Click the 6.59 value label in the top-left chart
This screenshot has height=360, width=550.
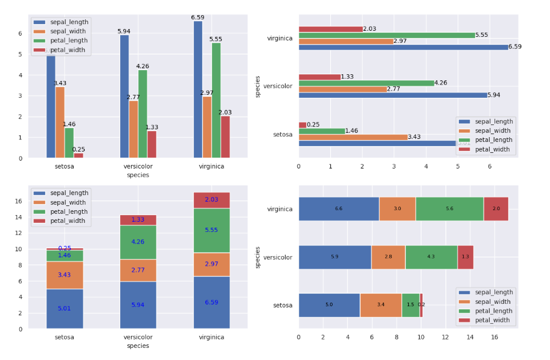[x=197, y=18]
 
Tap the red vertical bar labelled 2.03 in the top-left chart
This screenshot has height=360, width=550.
[x=225, y=137]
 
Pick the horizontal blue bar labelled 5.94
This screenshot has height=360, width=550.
[x=392, y=95]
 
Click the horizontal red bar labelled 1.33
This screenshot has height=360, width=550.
[x=319, y=77]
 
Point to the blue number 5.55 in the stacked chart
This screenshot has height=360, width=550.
[x=211, y=230]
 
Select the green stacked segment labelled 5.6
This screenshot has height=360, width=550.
[x=449, y=209]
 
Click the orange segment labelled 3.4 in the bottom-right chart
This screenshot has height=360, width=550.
[x=380, y=305]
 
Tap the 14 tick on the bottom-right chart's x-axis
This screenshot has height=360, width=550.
[x=470, y=337]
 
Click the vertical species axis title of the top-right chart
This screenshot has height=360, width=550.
[x=258, y=86]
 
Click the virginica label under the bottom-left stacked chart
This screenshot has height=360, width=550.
[x=211, y=337]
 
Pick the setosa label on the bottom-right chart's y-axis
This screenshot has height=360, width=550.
[x=283, y=305]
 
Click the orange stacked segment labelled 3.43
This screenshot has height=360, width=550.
[x=65, y=275]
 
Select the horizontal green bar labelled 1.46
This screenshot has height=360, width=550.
[x=322, y=131]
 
